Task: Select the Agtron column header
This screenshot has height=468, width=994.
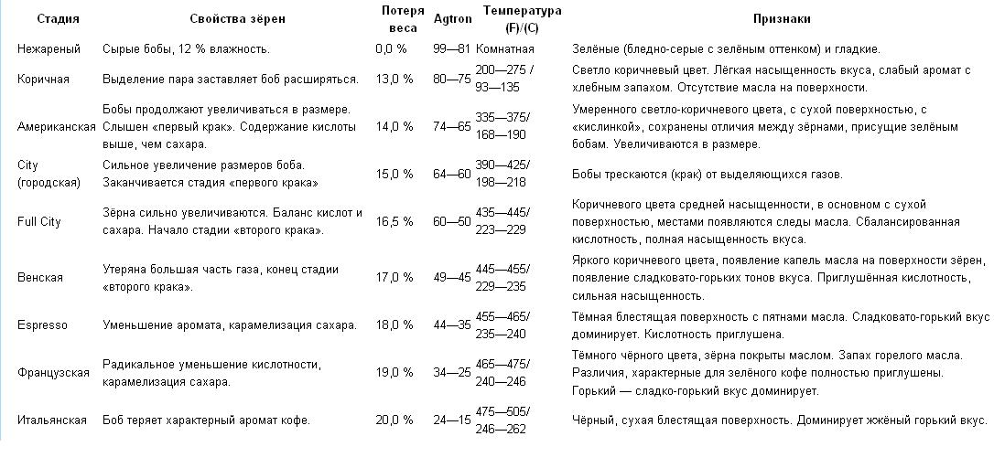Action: tap(451, 19)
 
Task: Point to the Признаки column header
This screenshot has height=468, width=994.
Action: tap(781, 19)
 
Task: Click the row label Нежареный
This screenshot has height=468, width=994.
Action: tap(49, 48)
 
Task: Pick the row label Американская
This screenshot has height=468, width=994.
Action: tap(56, 126)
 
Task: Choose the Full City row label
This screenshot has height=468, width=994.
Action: tap(39, 221)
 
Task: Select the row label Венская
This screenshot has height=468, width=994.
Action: tap(40, 277)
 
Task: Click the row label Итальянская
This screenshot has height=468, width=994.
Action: tap(52, 420)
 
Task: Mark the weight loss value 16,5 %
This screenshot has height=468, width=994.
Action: tap(394, 221)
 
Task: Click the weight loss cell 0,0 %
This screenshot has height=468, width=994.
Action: tap(391, 48)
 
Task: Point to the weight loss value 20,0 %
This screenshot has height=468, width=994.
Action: tap(394, 420)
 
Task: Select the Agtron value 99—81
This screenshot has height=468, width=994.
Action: tap(451, 48)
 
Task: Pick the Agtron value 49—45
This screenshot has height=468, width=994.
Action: tap(451, 277)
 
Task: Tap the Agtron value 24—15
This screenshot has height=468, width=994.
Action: tap(451, 420)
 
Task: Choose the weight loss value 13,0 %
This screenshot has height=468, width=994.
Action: tap(394, 80)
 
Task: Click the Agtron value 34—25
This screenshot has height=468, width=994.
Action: tap(451, 372)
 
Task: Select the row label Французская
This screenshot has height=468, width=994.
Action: tap(53, 372)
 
